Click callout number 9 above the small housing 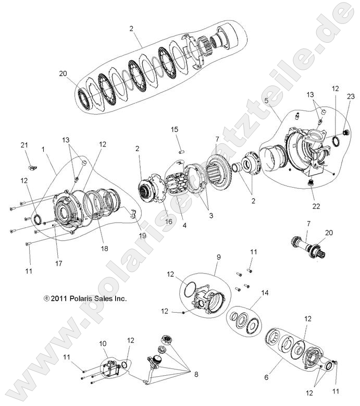pyautogui.click(x=218, y=256)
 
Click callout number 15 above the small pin pyautogui.click(x=175, y=129)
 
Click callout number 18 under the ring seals pyautogui.click(x=105, y=249)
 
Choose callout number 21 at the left pyautogui.click(x=24, y=145)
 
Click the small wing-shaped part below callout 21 pyautogui.click(x=31, y=166)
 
